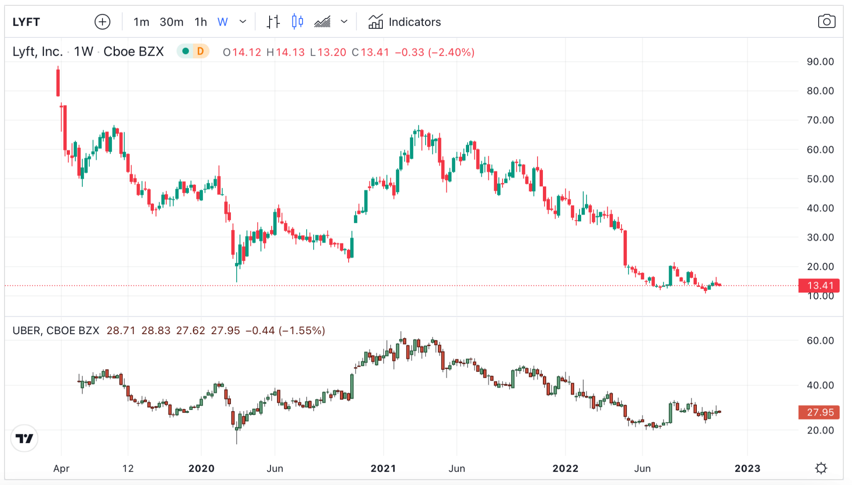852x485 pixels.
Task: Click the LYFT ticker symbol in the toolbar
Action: [x=26, y=22]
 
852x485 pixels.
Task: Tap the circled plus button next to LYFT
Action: [x=102, y=22]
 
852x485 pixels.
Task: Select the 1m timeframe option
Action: [x=141, y=22]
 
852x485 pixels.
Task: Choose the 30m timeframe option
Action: [x=171, y=22]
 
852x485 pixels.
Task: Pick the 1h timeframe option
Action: [x=201, y=22]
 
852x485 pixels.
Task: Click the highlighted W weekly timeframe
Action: [x=223, y=22]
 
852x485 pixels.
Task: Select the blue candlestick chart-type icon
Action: [x=297, y=22]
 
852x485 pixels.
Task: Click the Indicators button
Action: [x=405, y=22]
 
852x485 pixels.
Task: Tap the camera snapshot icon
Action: [x=826, y=22]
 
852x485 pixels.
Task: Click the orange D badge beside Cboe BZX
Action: [x=201, y=52]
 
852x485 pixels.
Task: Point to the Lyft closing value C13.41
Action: [x=370, y=52]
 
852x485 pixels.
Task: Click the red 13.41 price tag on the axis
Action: [x=819, y=286]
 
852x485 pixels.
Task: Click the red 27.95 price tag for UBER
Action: [x=819, y=412]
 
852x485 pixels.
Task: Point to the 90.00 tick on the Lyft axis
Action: [x=820, y=62]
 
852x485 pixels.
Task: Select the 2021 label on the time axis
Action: [x=383, y=468]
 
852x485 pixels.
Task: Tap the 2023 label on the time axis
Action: [x=747, y=468]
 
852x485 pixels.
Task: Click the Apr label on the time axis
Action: [x=61, y=468]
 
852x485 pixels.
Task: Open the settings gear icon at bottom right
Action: [x=821, y=468]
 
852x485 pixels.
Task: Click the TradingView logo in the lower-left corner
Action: [x=25, y=438]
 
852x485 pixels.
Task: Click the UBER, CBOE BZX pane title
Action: [x=56, y=330]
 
